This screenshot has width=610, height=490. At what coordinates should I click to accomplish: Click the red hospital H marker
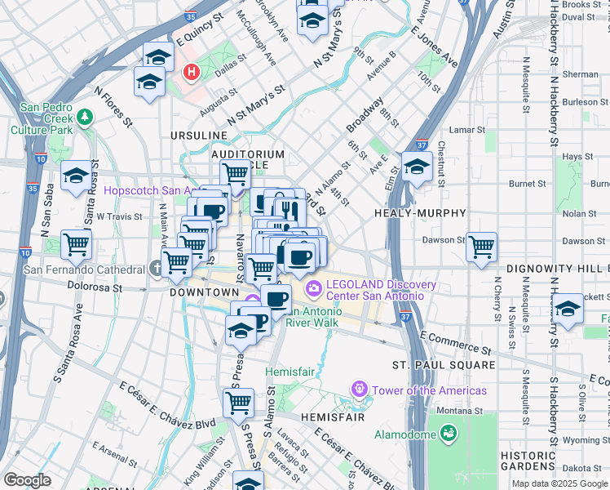(x=192, y=73)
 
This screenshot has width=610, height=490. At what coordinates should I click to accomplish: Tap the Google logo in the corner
(x=27, y=480)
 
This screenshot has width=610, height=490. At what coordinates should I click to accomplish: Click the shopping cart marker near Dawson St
(x=482, y=246)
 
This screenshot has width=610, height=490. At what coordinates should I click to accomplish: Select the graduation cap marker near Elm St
(x=417, y=167)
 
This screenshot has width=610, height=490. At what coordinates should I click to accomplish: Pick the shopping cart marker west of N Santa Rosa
(x=76, y=243)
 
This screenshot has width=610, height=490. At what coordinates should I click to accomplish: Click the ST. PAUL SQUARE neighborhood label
(x=443, y=364)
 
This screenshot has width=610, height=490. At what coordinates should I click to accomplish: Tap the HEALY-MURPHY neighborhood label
(x=420, y=212)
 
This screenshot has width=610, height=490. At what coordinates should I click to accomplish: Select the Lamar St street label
(x=467, y=129)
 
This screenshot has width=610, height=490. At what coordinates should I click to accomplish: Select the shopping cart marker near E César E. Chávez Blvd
(x=238, y=402)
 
